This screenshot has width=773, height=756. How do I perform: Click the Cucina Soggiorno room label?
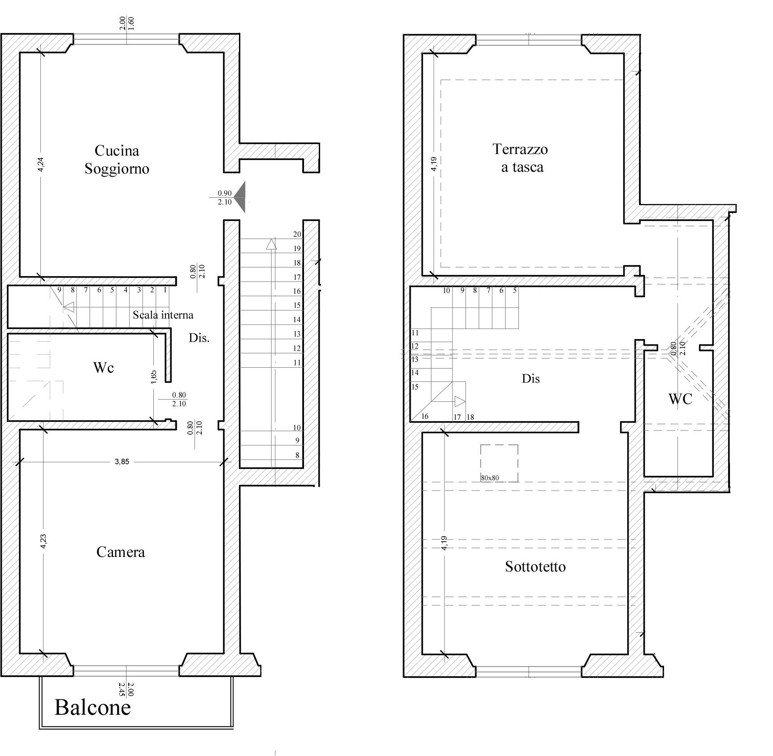[x=117, y=160]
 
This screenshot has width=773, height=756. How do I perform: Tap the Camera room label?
[x=121, y=552]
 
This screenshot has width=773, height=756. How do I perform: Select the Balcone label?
[x=92, y=707]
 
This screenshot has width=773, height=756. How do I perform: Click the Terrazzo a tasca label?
[x=520, y=158]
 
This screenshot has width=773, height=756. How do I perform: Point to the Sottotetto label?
[x=535, y=567]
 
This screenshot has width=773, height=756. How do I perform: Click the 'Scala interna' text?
[x=163, y=315]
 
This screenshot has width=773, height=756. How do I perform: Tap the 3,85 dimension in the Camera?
[x=122, y=461]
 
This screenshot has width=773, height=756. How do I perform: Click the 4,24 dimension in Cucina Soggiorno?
[x=41, y=164]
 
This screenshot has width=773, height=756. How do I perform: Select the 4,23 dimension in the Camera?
[x=43, y=541]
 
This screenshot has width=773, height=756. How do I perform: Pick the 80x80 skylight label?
[x=490, y=478]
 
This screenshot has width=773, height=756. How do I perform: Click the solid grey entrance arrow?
[x=240, y=197]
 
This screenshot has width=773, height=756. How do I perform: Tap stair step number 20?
[x=297, y=234]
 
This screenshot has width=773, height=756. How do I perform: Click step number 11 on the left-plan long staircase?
[x=297, y=362]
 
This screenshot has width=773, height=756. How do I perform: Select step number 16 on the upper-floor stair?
[x=425, y=416]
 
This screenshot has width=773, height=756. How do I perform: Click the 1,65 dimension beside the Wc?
[x=154, y=377]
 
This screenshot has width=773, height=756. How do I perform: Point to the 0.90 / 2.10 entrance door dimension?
[x=225, y=198]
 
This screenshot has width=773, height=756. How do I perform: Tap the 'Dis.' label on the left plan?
[x=199, y=338]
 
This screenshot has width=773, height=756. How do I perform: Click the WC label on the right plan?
[x=680, y=399]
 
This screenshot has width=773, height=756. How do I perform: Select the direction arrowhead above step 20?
[x=271, y=244]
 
